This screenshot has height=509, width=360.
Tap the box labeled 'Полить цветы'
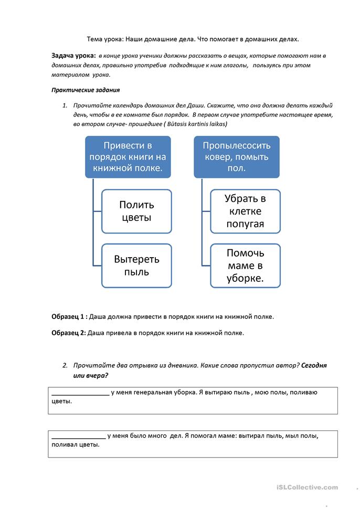pyautogui.click(x=136, y=211)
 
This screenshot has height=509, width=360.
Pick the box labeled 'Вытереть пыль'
pyautogui.click(x=136, y=266)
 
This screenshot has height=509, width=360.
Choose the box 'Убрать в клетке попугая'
pyautogui.click(x=245, y=211)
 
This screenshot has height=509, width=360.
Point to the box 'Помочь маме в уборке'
pyautogui.click(x=245, y=266)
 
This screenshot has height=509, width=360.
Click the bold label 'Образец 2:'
pyautogui.click(x=69, y=332)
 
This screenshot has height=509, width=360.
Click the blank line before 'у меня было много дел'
pyautogui.click(x=78, y=436)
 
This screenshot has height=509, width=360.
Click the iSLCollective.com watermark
pyautogui.click(x=307, y=487)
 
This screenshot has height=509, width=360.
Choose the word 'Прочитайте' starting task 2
pyautogui.click(x=92, y=365)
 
